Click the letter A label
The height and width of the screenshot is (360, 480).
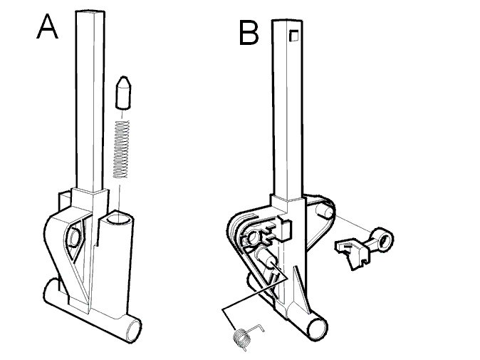pyautogui.click(x=47, y=26)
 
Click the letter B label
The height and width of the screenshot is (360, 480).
pyautogui.click(x=249, y=34)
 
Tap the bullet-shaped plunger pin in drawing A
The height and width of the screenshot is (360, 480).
pyautogui.click(x=123, y=93)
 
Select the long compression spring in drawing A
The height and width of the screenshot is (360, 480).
pyautogui.click(x=121, y=149)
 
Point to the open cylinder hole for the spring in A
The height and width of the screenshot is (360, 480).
pyautogui.click(x=119, y=219)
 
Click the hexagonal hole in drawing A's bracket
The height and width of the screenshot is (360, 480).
pyautogui.click(x=75, y=237)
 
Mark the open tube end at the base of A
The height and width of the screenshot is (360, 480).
pyautogui.click(x=134, y=330)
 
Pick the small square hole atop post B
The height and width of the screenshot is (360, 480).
pyautogui.click(x=294, y=35)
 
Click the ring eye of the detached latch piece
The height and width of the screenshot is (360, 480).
pyautogui.click(x=384, y=238)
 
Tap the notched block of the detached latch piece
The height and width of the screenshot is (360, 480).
pyautogui.click(x=351, y=253)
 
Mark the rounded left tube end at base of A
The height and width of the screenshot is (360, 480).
pyautogui.click(x=51, y=290)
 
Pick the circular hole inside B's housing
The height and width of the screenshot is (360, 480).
pyautogui.click(x=254, y=237)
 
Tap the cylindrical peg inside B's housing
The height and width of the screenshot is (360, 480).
pyautogui.click(x=267, y=257)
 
